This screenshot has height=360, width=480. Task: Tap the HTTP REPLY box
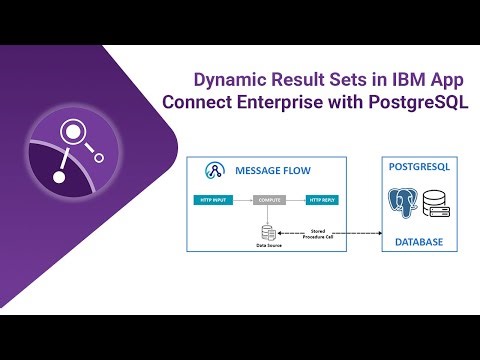click(324, 200)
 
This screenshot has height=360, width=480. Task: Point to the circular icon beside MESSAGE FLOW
click(213, 170)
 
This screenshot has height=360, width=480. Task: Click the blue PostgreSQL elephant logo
click(402, 206)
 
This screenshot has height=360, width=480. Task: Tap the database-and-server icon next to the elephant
click(437, 207)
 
